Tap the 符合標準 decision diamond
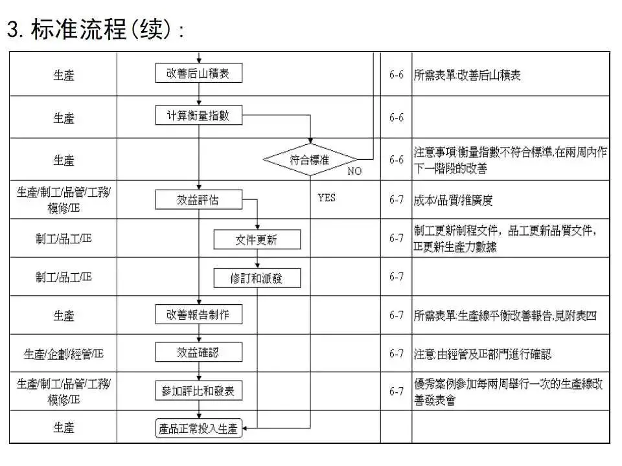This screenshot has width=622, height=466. (310, 159)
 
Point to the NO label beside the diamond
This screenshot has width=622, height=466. (354, 172)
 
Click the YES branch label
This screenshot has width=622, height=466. (327, 197)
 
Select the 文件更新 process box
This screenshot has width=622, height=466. (257, 239)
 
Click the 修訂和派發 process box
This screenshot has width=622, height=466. (257, 278)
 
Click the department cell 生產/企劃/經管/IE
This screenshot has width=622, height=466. (63, 354)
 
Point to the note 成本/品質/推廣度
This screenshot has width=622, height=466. (453, 201)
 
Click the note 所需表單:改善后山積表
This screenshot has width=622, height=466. (466, 75)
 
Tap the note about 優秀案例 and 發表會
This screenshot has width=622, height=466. (508, 392)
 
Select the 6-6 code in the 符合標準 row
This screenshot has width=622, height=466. (397, 160)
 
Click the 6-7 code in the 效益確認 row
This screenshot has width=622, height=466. (397, 354)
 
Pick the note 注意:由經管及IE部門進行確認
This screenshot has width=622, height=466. (483, 354)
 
